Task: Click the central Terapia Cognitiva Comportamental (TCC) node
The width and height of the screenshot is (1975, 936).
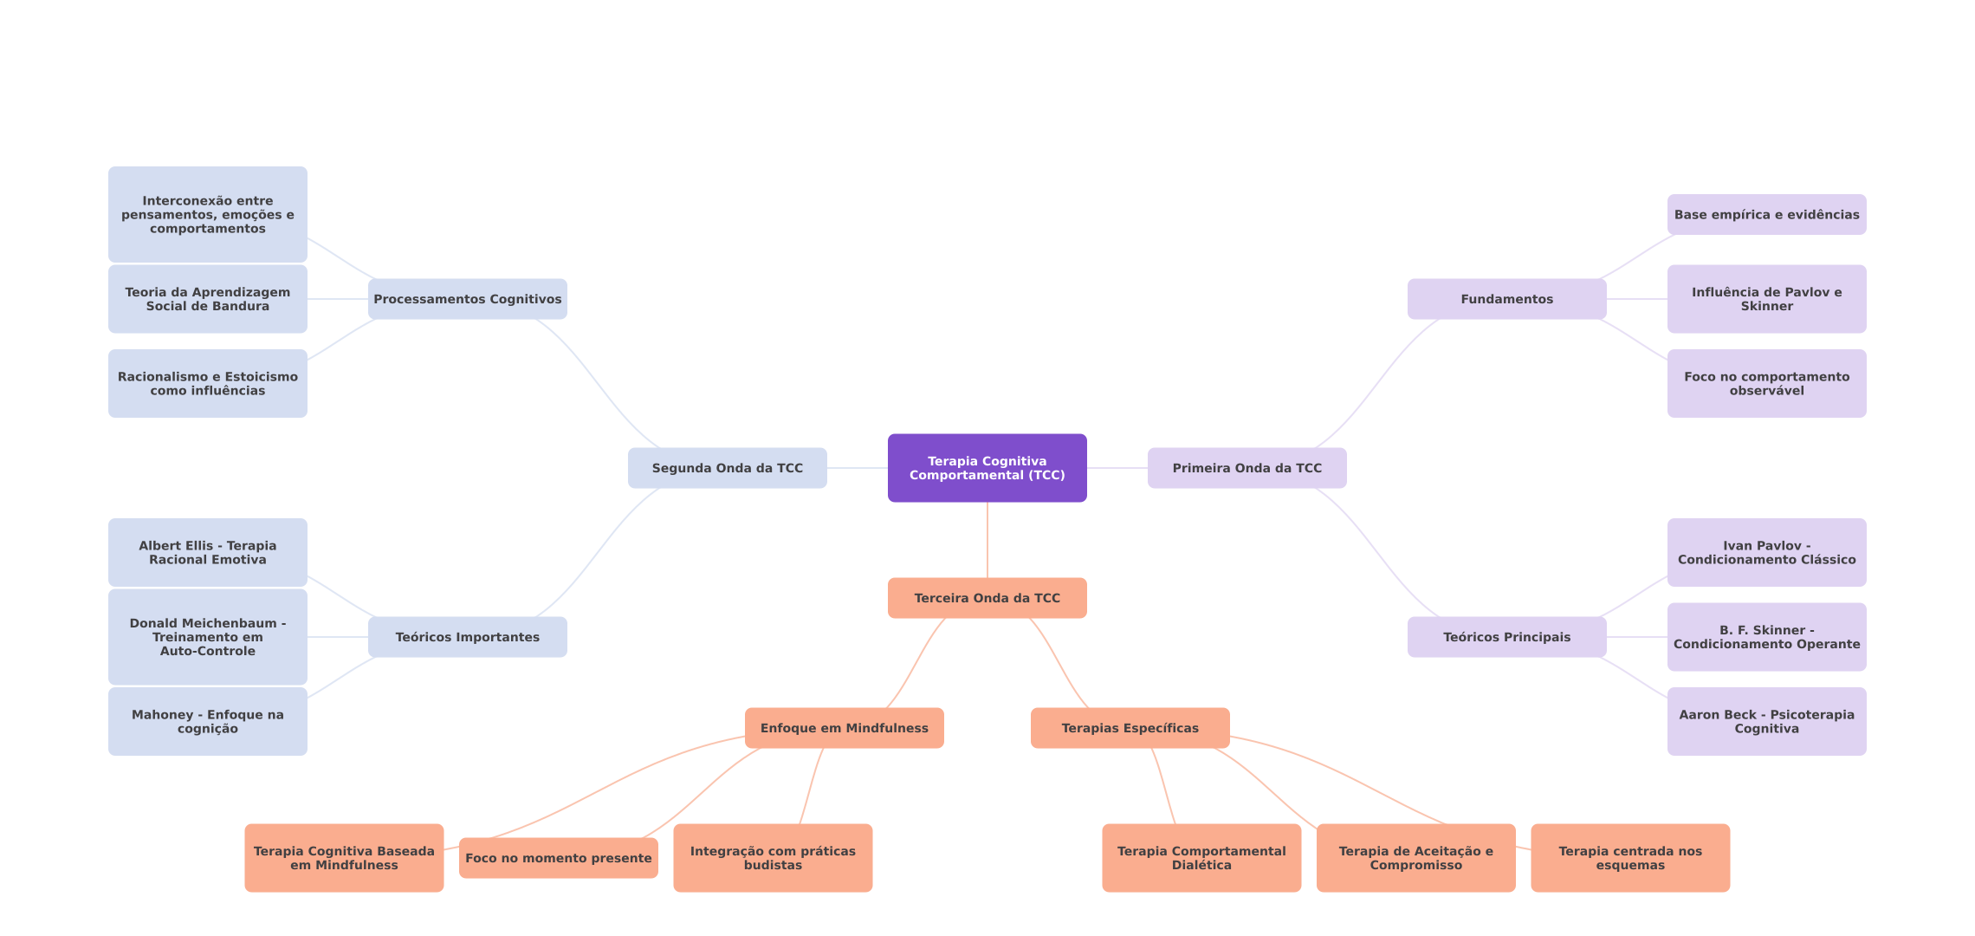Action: [987, 468]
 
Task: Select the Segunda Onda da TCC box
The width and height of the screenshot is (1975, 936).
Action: [727, 468]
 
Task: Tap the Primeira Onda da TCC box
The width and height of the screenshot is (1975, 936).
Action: [1247, 468]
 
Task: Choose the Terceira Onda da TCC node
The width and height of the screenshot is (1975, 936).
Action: [987, 598]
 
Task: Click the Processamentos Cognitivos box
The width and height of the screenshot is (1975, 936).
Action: [467, 299]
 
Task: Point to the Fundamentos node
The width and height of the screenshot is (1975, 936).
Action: [1506, 299]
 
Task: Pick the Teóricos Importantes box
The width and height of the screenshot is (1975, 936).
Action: [467, 637]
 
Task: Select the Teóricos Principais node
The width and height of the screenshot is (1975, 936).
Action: [1506, 637]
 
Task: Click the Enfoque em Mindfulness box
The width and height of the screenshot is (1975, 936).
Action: [844, 728]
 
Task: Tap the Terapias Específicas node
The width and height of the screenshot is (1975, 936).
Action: [1130, 728]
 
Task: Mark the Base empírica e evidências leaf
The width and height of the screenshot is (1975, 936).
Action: [1766, 215]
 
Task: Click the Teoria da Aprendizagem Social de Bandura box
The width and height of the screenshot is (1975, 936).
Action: [207, 299]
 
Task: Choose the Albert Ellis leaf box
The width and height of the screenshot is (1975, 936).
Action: [207, 553]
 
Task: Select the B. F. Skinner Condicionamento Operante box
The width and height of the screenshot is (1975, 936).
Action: [1766, 637]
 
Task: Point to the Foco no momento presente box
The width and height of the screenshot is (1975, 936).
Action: [558, 858]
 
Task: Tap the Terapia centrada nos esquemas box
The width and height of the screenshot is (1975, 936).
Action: [1629, 858]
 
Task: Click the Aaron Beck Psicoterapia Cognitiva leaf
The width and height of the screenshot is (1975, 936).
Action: [1766, 722]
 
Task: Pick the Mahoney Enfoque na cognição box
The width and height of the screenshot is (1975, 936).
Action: [207, 722]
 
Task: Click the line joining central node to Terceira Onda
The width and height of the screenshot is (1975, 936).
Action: [987, 540]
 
